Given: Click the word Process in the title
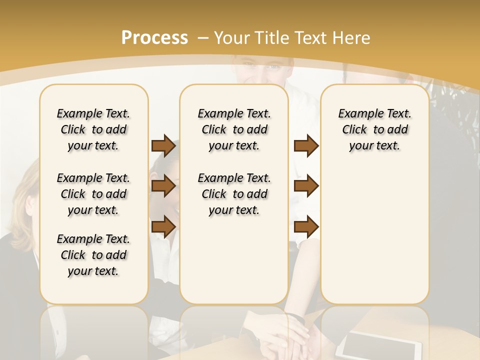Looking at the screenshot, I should [154, 38].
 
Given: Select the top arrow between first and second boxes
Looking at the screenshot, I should [163, 146].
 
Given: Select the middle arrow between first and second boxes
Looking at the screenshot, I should [163, 186].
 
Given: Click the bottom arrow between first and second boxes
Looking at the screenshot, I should [163, 227].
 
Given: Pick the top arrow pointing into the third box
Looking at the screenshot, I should [306, 146].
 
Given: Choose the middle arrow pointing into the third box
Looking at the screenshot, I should [306, 186].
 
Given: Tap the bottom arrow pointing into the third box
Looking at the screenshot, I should [306, 227].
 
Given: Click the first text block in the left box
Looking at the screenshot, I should [93, 129].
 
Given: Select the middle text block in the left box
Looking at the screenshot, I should [93, 194].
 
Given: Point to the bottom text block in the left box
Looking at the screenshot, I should [93, 255].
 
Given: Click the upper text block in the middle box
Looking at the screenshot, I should [234, 129].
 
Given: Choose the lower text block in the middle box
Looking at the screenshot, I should [234, 194].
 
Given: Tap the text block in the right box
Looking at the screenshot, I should [374, 129].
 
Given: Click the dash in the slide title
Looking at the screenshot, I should [203, 38].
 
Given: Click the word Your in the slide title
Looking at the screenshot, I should [232, 38].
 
